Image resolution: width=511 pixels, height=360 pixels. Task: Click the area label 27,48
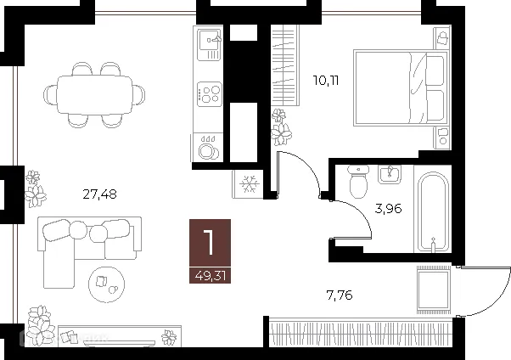tap(101, 194)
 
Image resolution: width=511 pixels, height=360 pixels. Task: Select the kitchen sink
tap(209, 43)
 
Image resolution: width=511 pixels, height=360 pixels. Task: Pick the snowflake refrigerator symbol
tap(250, 183)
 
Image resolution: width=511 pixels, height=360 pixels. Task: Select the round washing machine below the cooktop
tap(208, 149)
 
